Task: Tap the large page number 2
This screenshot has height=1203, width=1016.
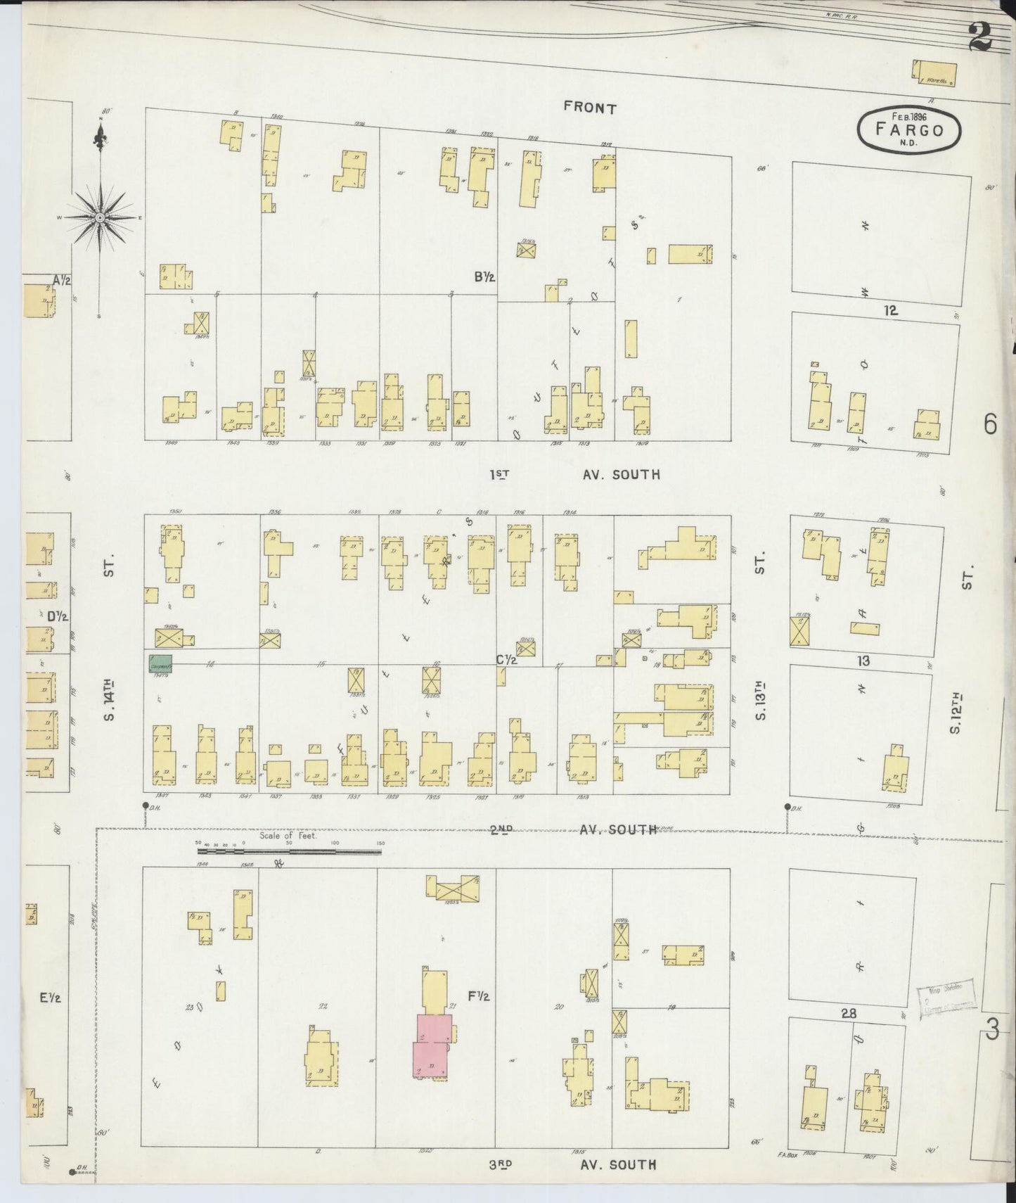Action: [979, 37]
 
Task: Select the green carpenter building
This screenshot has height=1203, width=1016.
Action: [160, 663]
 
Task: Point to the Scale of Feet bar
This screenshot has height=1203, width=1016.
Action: [289, 851]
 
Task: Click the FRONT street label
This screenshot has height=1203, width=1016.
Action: [590, 108]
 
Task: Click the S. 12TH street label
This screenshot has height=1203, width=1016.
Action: [955, 713]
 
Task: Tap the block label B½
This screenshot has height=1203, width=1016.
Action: [484, 277]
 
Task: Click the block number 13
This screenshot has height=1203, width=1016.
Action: [863, 661]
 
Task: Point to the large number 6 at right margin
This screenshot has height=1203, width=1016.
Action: [991, 424]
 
